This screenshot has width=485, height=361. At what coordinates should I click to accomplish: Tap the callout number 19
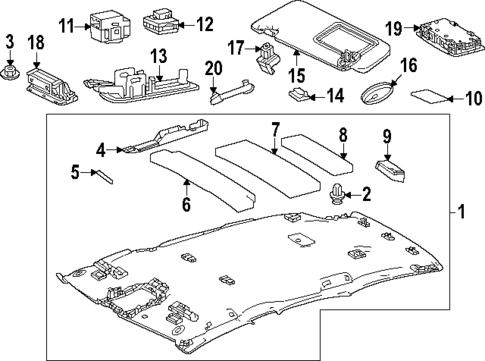click(393, 26)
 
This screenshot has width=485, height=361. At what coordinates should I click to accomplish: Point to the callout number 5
click(75, 173)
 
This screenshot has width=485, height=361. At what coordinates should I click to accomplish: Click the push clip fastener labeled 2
click(337, 193)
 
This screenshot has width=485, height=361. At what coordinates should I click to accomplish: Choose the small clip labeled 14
click(298, 96)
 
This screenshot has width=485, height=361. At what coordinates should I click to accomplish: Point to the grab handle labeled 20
click(226, 93)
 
